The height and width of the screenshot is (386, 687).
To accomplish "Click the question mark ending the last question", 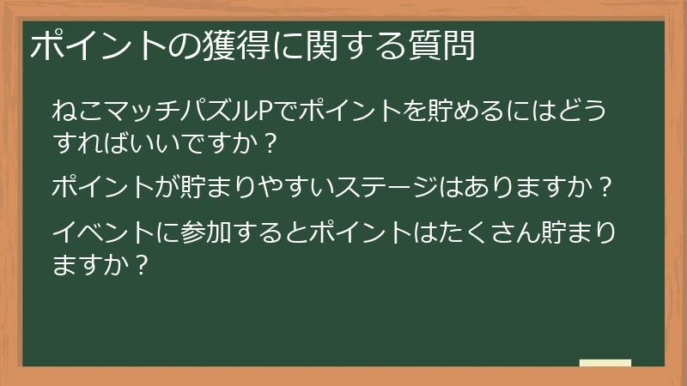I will tap(143, 263).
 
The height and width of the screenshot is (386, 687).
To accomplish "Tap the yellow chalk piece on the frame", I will tap(605, 363).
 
